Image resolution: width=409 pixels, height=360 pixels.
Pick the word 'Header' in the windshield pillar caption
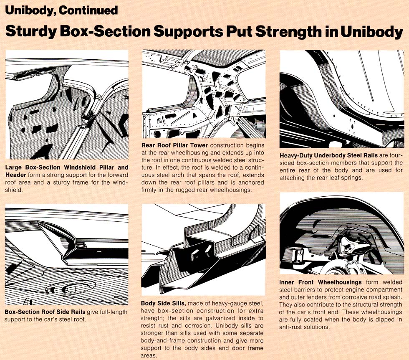point(15,175)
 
